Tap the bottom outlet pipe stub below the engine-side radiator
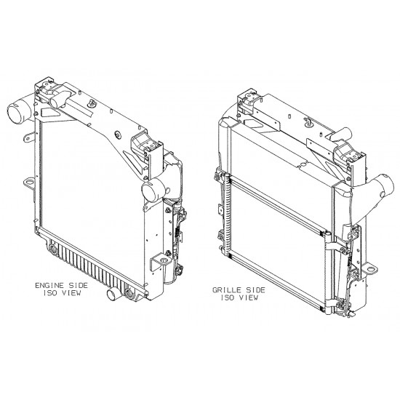113,295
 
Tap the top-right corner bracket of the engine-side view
141,145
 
